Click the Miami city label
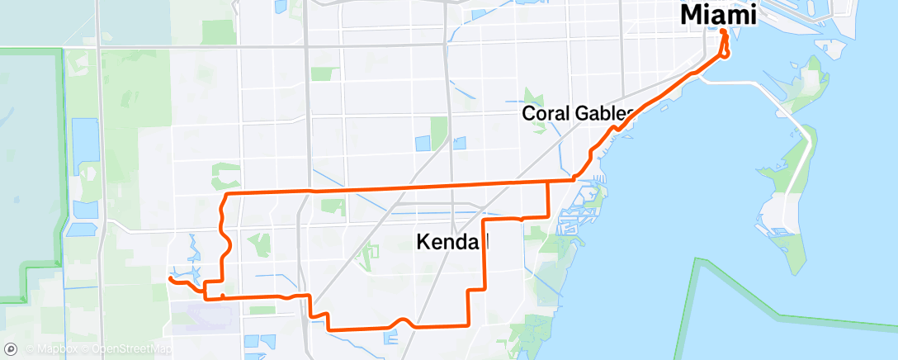tap(718, 14)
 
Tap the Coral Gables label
tap(578, 114)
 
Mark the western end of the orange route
tap(170, 279)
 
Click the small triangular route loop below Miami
tap(725, 50)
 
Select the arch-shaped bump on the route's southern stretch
tap(403, 321)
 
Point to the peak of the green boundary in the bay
tap(697, 260)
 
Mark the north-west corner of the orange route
tap(227, 193)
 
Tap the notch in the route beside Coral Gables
tap(614, 130)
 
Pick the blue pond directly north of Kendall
tap(423, 142)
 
